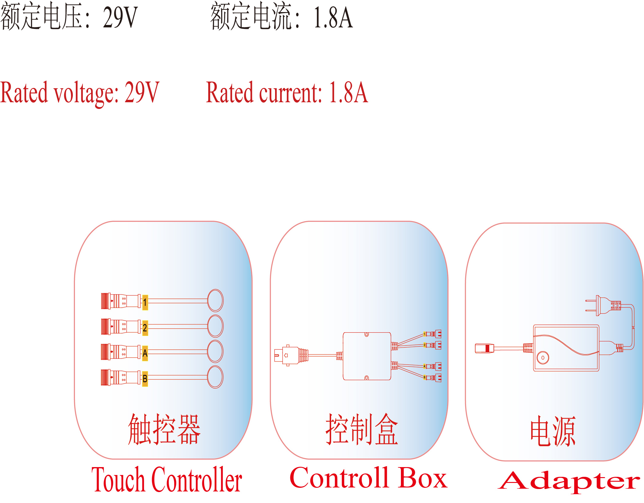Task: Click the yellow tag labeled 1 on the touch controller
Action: (145, 302)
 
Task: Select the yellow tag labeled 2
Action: (145, 328)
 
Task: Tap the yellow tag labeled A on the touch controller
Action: (145, 353)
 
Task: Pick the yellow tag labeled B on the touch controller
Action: (145, 379)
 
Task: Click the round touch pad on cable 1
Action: (215, 300)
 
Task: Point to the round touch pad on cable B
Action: (215, 377)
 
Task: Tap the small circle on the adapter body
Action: (543, 358)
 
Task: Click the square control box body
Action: (367, 356)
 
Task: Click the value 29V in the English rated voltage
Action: (142, 93)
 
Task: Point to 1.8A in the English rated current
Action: (349, 93)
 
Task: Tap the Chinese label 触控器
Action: (164, 429)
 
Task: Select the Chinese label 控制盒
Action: (362, 429)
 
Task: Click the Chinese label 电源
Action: (553, 431)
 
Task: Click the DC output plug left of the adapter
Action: (484, 348)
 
